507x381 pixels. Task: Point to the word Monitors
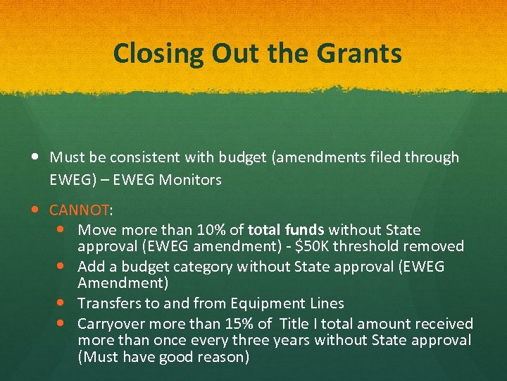coord(190,180)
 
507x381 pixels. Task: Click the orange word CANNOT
coord(80,210)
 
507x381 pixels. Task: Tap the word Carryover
coord(109,324)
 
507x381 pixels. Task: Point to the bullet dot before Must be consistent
coord(36,157)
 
